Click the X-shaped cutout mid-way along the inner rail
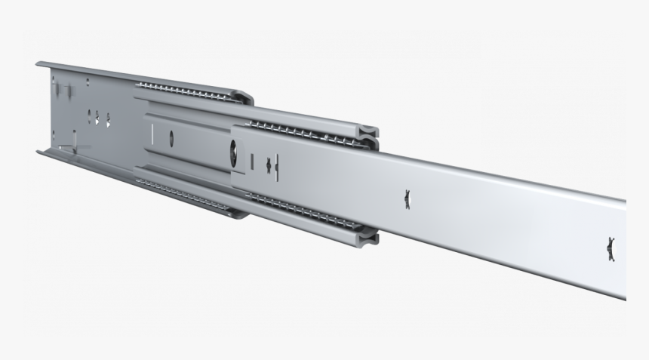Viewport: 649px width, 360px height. click(x=408, y=198)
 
